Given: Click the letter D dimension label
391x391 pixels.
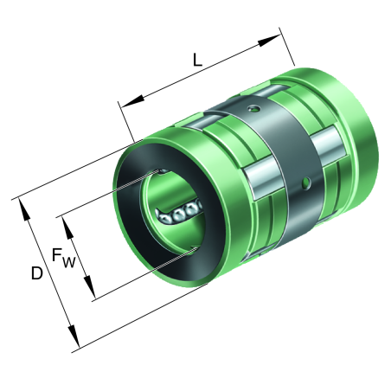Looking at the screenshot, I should [x=36, y=273].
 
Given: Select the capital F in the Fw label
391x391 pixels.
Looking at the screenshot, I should [x=56, y=255].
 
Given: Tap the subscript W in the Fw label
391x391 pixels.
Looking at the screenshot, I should [x=68, y=261].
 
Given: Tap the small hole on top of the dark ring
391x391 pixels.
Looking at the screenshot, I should [x=252, y=108].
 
